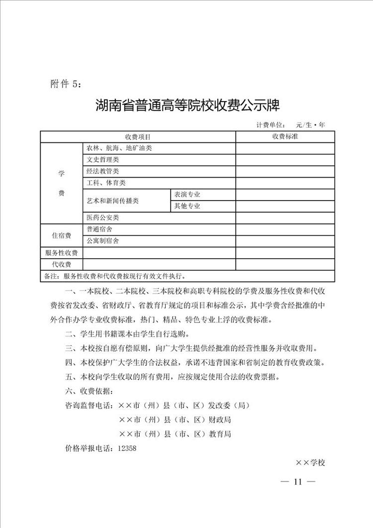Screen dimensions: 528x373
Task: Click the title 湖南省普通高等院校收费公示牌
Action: point(188,106)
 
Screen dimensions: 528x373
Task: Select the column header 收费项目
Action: point(138,136)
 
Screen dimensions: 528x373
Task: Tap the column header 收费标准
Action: point(285,136)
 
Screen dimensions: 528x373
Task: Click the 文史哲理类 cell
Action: point(102,160)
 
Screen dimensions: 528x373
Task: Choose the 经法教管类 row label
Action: point(102,171)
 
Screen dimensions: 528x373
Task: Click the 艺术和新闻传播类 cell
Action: point(112,201)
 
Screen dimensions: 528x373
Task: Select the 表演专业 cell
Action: point(186,195)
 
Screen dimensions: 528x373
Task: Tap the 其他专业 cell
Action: point(186,206)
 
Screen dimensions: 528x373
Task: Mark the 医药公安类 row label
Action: point(102,217)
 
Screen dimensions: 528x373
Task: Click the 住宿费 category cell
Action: point(62,235)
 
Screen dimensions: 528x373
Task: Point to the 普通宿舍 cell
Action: point(99,229)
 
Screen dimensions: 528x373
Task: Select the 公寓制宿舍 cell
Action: point(102,241)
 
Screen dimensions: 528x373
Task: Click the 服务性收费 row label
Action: point(62,253)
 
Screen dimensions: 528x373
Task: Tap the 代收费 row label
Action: point(62,264)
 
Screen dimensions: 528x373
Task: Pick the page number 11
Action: point(298,482)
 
